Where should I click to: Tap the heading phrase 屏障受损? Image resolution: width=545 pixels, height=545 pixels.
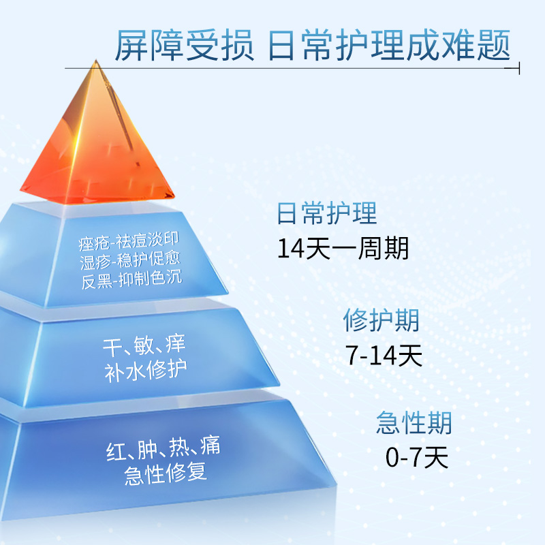tap(185, 46)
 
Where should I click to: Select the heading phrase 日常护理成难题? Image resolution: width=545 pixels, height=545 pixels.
tap(389, 46)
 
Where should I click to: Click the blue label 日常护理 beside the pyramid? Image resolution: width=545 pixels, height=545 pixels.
tap(327, 213)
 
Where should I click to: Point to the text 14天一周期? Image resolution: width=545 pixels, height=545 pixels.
tap(343, 248)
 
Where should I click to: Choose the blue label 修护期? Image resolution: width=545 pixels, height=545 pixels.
tap(381, 320)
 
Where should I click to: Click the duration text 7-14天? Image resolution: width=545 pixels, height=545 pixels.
tap(384, 355)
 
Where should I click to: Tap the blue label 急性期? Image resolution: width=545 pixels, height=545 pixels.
tap(414, 422)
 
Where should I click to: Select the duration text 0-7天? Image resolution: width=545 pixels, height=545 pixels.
tap(417, 457)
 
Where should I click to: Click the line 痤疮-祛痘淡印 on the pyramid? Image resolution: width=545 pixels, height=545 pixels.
tap(129, 241)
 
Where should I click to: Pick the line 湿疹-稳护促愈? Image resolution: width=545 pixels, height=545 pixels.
tap(130, 260)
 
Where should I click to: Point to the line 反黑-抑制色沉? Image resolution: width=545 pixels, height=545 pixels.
tap(131, 280)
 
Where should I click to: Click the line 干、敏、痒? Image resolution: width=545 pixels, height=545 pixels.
tap(144, 345)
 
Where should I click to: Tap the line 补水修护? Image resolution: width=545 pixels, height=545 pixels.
tap(146, 371)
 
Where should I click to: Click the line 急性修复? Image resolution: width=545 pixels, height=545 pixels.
tap(166, 473)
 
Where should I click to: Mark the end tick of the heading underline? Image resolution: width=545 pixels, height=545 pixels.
tap(519, 68)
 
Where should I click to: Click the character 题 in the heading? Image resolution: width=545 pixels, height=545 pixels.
tap(493, 46)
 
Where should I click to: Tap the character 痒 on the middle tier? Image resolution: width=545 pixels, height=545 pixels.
tap(176, 344)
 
